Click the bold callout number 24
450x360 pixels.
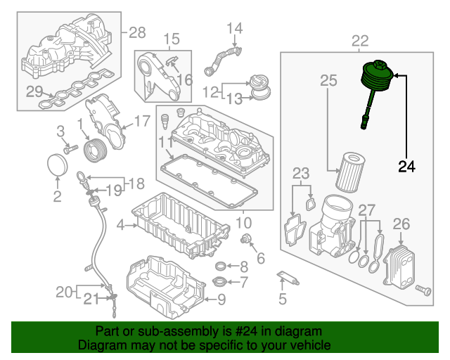406,167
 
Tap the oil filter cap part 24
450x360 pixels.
376,77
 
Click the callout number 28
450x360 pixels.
136,32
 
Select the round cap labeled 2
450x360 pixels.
56,169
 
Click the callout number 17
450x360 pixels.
141,122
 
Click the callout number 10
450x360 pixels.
243,223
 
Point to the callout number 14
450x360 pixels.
233,29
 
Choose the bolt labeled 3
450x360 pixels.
70,149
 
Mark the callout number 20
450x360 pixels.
63,291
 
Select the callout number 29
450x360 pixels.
34,90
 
